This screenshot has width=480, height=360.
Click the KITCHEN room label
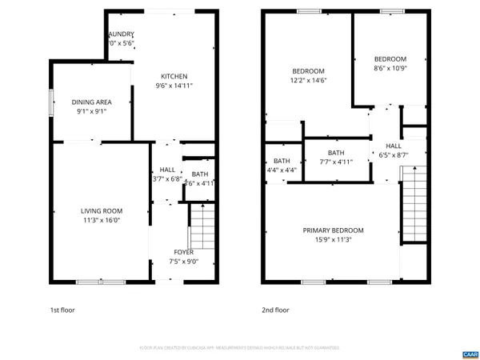[174, 77]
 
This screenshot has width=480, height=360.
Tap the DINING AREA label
[91, 102]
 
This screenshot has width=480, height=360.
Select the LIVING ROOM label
[102, 211]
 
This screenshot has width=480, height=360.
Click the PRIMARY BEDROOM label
[333, 230]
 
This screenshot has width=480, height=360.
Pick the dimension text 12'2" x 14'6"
[308, 80]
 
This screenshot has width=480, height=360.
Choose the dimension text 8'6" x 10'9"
[390, 69]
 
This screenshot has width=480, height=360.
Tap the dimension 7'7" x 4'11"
[336, 162]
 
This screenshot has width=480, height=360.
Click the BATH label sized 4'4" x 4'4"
[282, 161]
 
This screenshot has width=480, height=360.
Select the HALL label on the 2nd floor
[394, 146]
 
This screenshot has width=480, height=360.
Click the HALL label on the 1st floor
[167, 170]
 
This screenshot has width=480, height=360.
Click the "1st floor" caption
[62, 310]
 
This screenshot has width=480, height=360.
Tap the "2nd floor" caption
[275, 310]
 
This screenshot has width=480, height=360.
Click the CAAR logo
[469, 354]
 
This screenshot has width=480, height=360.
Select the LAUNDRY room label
[122, 34]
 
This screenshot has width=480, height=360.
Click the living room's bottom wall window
[101, 282]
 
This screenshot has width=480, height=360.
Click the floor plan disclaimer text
[240, 348]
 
